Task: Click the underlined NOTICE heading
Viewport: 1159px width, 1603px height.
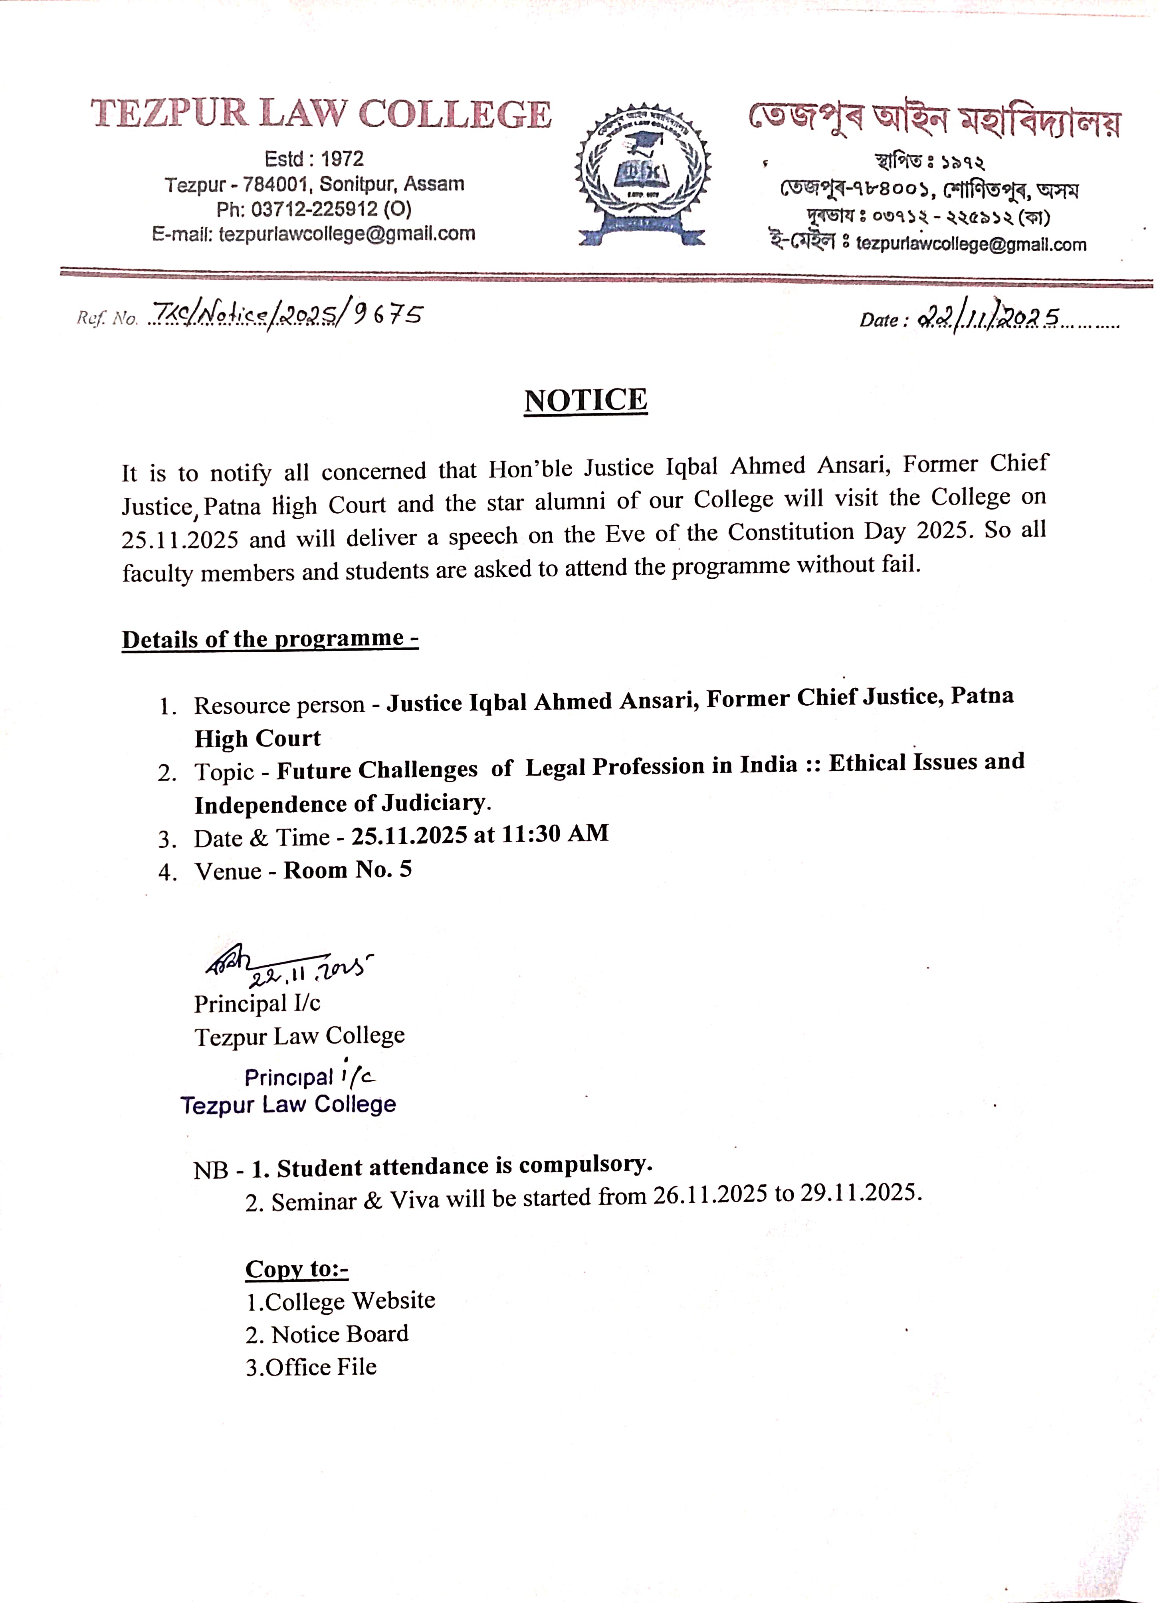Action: point(586,400)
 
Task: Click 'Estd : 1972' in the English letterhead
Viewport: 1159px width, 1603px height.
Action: point(314,158)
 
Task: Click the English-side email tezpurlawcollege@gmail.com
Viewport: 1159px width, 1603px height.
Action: point(347,234)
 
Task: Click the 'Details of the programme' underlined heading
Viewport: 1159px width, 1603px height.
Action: point(270,639)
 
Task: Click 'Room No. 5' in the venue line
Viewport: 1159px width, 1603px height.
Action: point(347,869)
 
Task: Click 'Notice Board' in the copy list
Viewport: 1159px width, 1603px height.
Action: point(339,1334)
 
